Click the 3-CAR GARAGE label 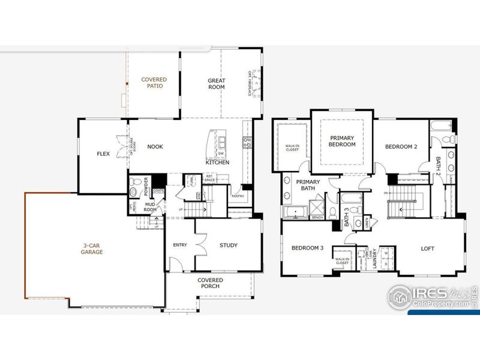[x=92, y=248]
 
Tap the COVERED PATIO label [x=154, y=82]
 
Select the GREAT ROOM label [x=216, y=83]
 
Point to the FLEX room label [x=103, y=154]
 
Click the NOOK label [x=155, y=146]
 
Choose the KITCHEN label [x=217, y=163]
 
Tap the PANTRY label [x=238, y=196]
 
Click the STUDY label [x=228, y=245]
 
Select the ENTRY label [x=180, y=245]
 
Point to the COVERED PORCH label [x=210, y=283]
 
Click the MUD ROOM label [x=150, y=206]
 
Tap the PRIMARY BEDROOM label [x=342, y=141]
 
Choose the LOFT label [x=427, y=248]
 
